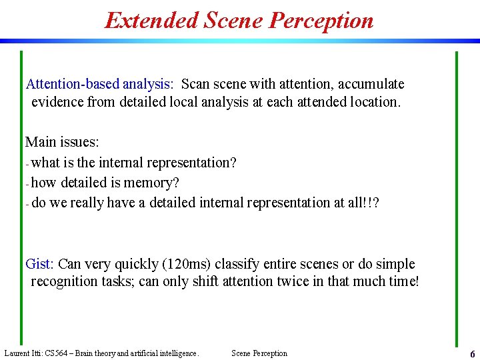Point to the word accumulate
point(371,84)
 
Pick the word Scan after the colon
point(195,84)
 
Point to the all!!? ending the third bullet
point(364,203)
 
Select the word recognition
point(67,281)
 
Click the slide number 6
point(472,354)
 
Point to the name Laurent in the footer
point(17,353)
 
